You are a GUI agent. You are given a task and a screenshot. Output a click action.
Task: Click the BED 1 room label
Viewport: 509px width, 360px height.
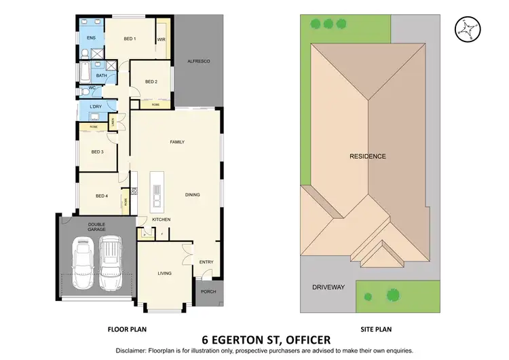[130, 39]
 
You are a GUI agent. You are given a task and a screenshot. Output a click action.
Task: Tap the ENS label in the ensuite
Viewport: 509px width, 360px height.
[91, 39]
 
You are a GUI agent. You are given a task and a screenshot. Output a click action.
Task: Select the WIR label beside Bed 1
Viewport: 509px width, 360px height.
[162, 39]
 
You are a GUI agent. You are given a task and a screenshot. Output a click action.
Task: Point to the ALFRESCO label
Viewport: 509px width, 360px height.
[199, 62]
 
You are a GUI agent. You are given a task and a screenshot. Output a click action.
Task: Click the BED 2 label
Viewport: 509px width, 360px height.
[151, 82]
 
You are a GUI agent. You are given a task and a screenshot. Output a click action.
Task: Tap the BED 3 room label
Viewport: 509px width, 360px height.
[97, 151]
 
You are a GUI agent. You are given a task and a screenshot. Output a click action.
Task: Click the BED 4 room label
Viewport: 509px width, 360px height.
[101, 196]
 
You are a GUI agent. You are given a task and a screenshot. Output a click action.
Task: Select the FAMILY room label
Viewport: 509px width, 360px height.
[177, 141]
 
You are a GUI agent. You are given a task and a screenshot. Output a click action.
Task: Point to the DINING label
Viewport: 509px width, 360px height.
[193, 195]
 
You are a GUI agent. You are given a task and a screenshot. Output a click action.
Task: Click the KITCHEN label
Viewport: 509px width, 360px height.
[161, 219]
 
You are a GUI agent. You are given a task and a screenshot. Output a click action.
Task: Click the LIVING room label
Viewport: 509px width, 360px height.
[164, 273]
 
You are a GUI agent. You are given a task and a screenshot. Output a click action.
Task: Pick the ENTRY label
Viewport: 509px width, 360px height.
[206, 262]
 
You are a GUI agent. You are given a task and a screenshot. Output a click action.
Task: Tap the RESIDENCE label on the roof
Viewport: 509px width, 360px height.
[367, 156]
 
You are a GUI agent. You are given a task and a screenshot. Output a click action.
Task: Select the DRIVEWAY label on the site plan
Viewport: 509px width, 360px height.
[328, 287]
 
